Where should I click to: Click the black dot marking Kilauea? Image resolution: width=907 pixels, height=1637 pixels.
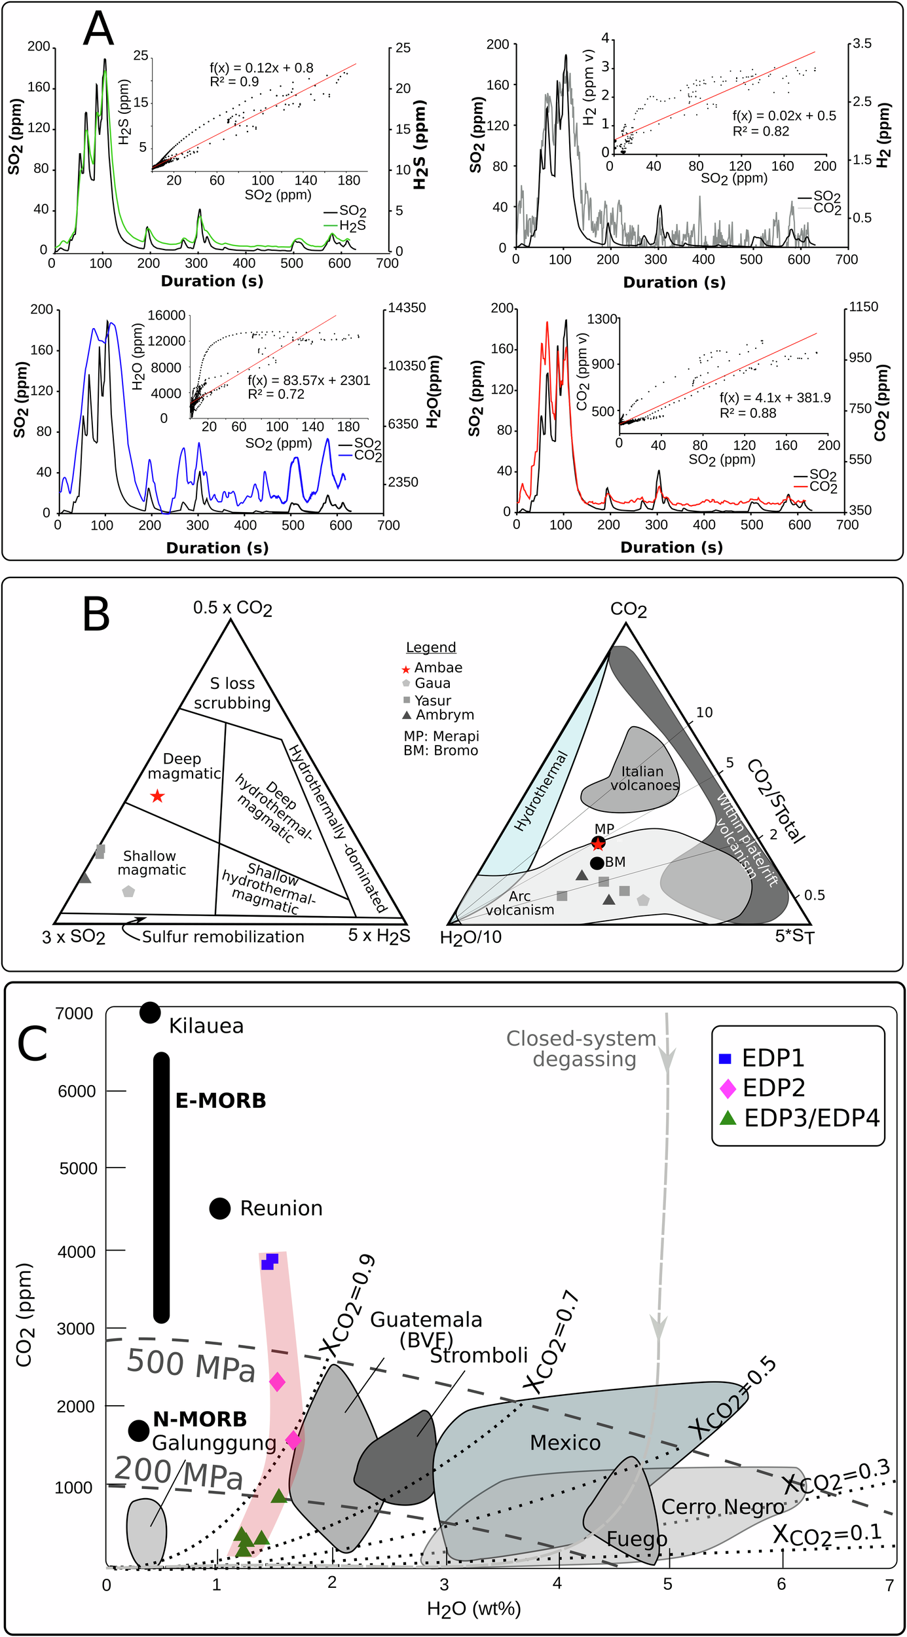[150, 1012]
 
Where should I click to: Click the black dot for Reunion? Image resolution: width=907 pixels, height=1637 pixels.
[219, 1208]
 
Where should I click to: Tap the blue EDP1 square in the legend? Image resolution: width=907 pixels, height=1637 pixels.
[725, 1059]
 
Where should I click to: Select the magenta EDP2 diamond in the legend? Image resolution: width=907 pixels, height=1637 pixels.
[728, 1088]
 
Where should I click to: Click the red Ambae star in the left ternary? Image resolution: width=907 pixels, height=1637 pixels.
[157, 796]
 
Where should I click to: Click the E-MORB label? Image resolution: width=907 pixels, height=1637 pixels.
[221, 1101]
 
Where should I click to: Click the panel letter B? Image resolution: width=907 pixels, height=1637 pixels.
[96, 615]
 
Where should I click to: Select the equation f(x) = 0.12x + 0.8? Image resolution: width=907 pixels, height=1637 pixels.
[261, 68]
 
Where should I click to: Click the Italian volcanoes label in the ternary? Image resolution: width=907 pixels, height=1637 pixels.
[644, 779]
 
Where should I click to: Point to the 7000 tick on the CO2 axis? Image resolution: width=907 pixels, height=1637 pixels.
[74, 1014]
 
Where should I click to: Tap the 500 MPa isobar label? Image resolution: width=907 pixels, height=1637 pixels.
[191, 1366]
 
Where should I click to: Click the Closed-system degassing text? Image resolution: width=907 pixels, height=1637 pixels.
[582, 1048]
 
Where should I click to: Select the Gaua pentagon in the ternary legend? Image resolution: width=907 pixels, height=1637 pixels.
[406, 684]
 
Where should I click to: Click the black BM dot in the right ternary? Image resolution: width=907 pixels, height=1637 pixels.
[597, 863]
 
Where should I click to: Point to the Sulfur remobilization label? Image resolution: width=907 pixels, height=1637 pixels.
[223, 937]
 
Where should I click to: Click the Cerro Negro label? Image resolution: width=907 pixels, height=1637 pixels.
[722, 1507]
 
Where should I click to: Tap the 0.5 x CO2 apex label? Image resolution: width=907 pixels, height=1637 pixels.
[232, 608]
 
